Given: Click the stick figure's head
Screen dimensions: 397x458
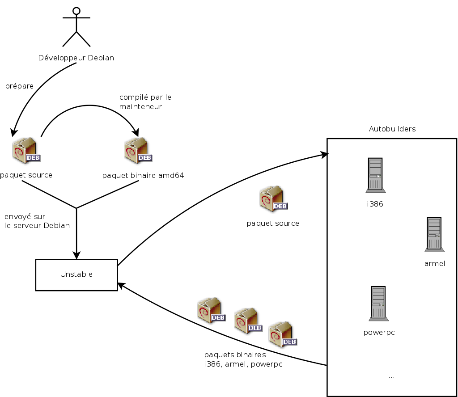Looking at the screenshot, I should pos(76,11).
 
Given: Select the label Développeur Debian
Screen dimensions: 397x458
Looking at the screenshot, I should pos(76,58).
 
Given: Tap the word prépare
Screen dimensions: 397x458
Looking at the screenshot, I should pos(19,86).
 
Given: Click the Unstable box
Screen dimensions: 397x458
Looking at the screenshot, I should pos(76,275).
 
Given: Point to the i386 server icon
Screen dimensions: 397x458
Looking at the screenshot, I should pos(375,175).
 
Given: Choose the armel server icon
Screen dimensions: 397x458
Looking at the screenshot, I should pos(434,234).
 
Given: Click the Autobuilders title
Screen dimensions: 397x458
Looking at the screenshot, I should pos(392,129).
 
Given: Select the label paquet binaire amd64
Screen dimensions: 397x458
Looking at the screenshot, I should pos(143,176).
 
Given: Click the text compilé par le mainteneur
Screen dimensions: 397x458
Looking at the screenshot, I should pos(145,102).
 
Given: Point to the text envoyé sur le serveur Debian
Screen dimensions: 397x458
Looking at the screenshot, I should pos(37,221).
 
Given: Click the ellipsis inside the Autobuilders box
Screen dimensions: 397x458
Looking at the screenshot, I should pos(391,377).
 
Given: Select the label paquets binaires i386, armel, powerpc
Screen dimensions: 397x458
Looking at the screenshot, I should pos(243,359).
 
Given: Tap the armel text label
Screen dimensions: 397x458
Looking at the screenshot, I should pos(435,263).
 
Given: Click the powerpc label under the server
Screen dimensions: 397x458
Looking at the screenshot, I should pos(379,333).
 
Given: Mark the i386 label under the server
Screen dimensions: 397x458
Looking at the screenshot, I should pos(375,204).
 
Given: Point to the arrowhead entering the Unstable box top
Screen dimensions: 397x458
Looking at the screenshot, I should pos(76,256).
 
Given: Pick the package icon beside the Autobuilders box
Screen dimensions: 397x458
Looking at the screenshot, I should pos(273,198).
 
